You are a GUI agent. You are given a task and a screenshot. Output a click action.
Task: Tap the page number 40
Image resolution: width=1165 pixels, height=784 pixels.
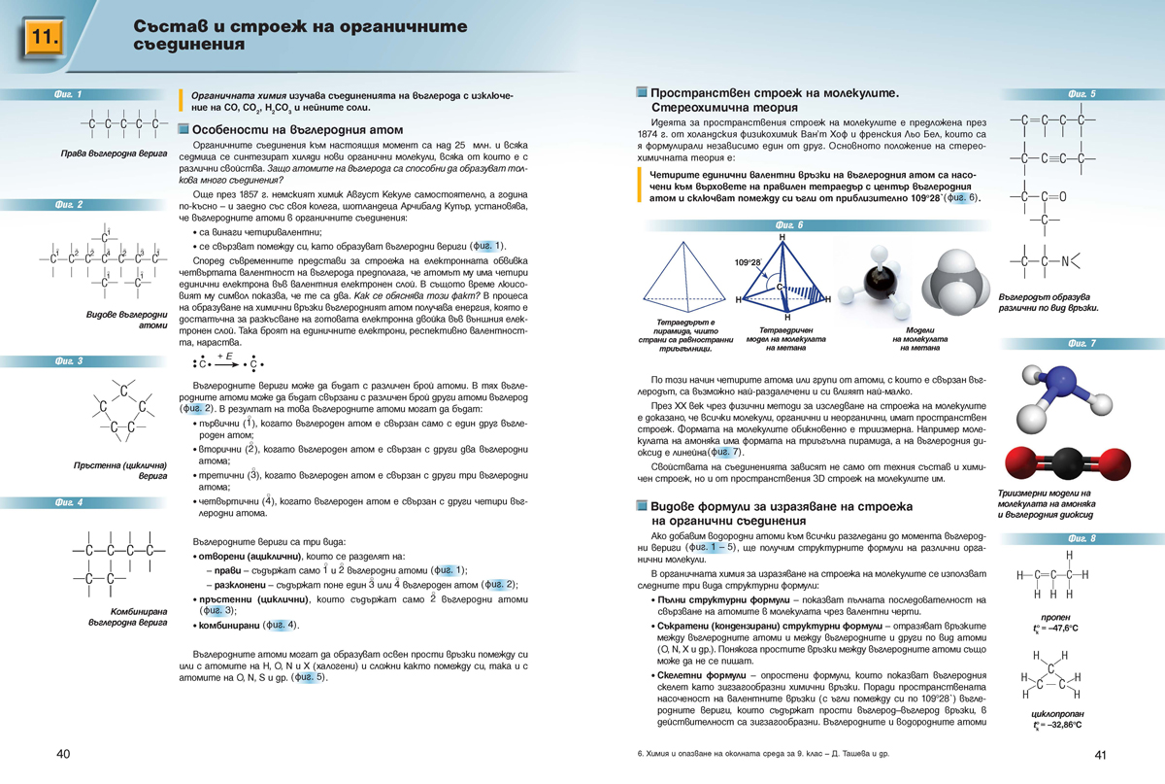coord(63,754)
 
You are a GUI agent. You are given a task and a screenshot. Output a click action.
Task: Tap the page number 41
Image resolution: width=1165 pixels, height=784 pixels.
coord(1100,755)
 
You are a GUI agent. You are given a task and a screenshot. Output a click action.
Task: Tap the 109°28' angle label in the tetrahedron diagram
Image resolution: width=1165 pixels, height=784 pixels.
coord(748,262)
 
